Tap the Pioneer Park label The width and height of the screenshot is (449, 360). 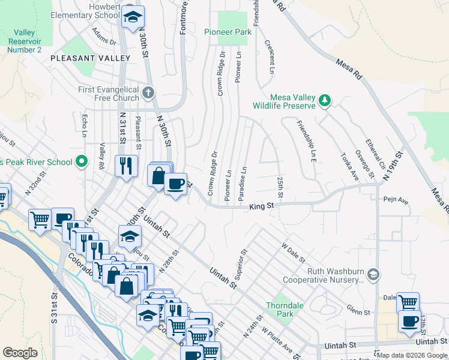point(227,32)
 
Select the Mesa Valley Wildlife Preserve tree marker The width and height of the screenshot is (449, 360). point(325,100)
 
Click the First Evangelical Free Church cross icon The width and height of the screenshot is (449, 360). point(149,92)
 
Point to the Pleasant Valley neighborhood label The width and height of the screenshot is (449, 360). point(91,58)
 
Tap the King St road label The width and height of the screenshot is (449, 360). point(262,206)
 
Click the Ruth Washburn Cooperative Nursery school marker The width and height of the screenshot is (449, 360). point(373,274)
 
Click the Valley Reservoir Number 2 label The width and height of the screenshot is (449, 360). point(25,41)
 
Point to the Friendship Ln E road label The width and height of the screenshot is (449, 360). point(306,142)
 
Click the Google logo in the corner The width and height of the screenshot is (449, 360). point(20,353)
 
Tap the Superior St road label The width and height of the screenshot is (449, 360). point(241,265)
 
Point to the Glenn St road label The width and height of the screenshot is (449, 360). point(358,309)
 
